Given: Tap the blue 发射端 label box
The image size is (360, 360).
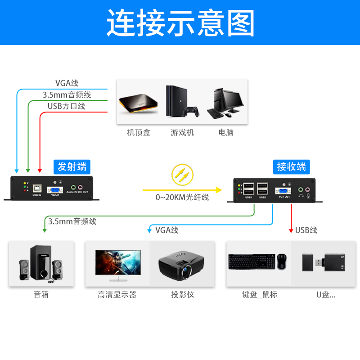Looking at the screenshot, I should [72, 166].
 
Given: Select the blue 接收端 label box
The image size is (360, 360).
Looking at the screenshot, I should [291, 166].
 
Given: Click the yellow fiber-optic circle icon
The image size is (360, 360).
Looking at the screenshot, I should [182, 175].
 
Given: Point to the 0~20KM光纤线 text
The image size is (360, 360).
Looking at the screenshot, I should [182, 197].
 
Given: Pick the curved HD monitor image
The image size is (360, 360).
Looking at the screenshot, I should [118, 263].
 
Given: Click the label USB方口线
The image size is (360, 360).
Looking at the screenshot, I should [67, 106].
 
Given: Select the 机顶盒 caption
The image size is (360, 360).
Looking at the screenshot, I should [139, 132].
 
